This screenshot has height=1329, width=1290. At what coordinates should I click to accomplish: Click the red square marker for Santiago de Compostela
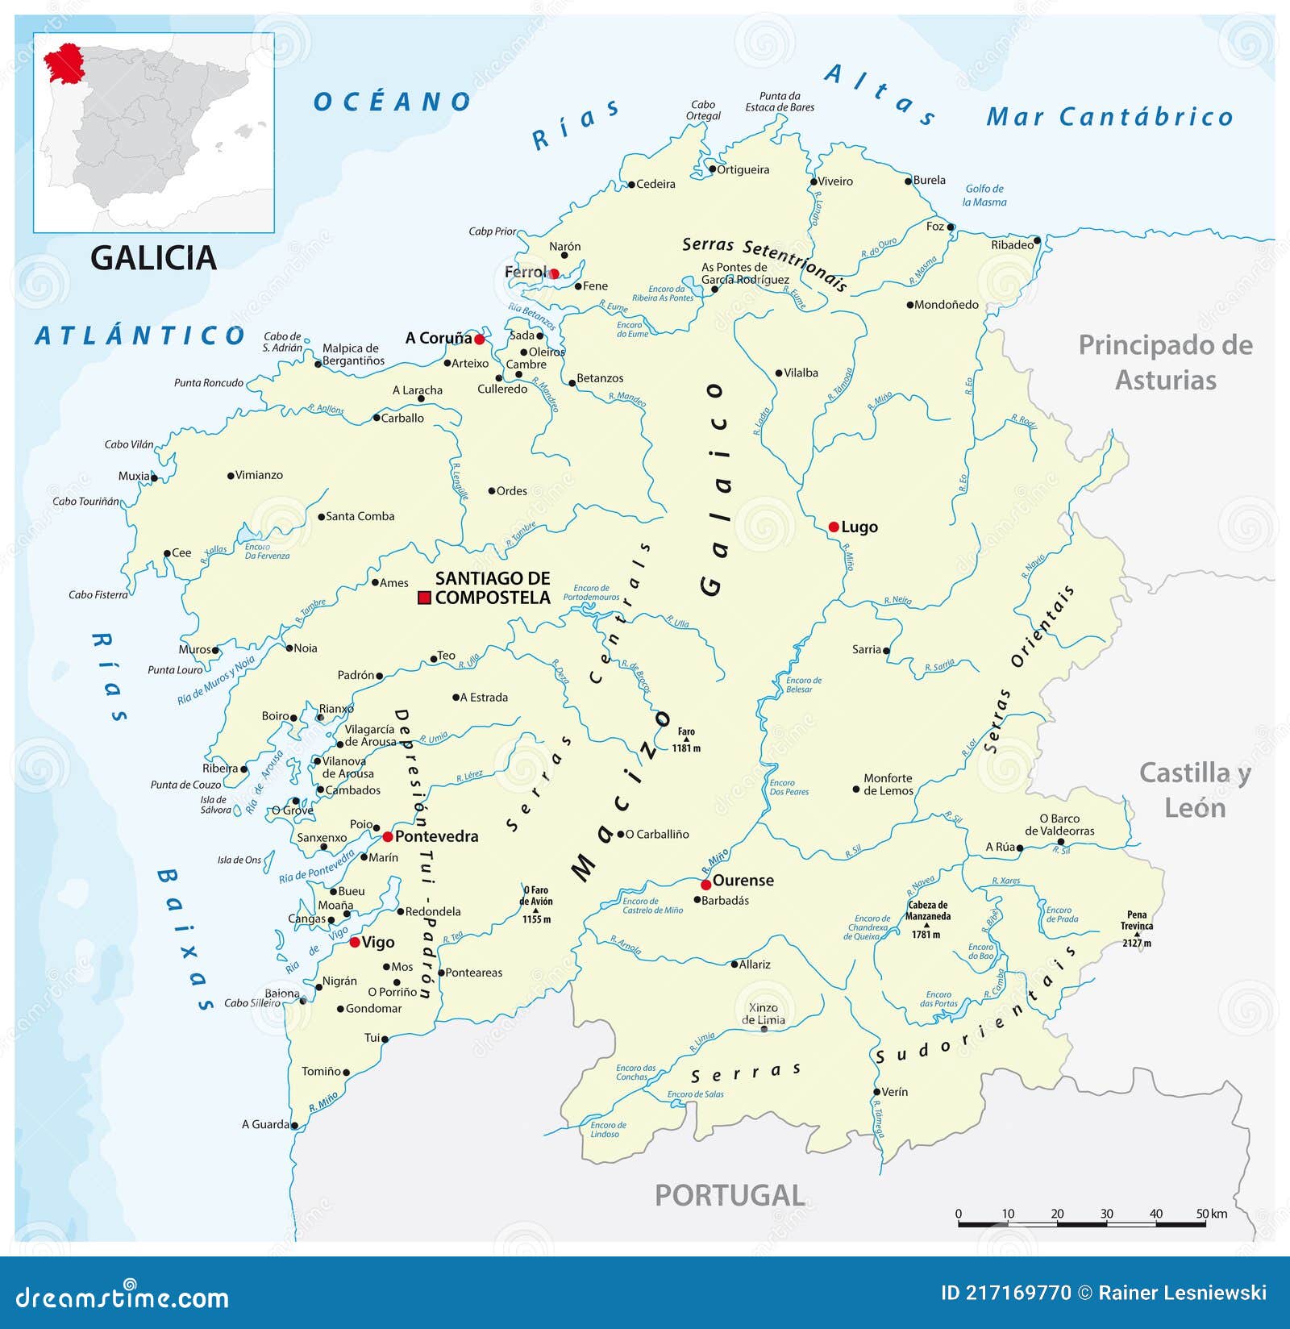click(424, 598)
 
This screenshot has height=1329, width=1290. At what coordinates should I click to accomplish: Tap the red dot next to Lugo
click(834, 527)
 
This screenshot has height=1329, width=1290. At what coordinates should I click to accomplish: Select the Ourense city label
click(743, 881)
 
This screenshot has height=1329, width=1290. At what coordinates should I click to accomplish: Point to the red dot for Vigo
click(355, 942)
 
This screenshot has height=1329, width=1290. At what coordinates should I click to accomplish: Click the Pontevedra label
click(436, 836)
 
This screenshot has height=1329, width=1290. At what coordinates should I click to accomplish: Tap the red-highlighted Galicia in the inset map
click(63, 64)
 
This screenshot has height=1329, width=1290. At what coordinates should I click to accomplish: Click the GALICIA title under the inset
click(153, 258)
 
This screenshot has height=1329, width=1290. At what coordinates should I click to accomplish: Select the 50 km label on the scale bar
click(1212, 1214)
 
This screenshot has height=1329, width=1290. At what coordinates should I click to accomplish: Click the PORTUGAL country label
click(730, 1195)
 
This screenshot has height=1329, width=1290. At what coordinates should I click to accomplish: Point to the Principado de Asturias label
click(1166, 362)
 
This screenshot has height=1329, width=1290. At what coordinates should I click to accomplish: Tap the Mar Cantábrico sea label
click(1109, 118)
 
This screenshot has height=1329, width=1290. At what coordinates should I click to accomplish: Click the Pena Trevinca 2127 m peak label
click(1137, 928)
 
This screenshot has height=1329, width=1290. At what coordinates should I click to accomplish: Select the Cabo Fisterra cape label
click(98, 595)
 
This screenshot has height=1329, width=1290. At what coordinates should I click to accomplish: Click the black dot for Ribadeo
click(1038, 240)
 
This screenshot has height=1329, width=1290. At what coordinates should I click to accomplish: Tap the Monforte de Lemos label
click(888, 784)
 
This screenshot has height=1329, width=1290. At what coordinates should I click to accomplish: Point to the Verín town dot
click(876, 1092)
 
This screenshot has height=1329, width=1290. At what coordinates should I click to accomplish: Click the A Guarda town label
click(265, 1124)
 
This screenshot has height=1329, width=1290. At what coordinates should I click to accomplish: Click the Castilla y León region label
click(1195, 789)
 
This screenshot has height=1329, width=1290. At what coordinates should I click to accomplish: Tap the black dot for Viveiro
click(814, 181)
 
